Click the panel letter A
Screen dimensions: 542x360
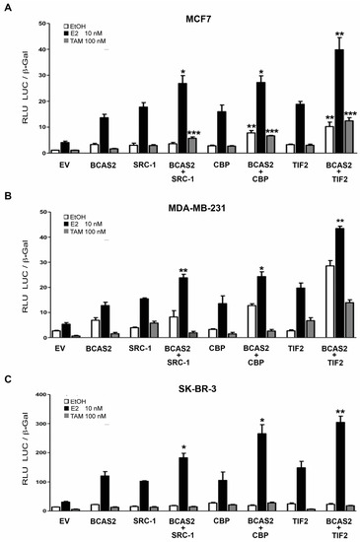(7, 7)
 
